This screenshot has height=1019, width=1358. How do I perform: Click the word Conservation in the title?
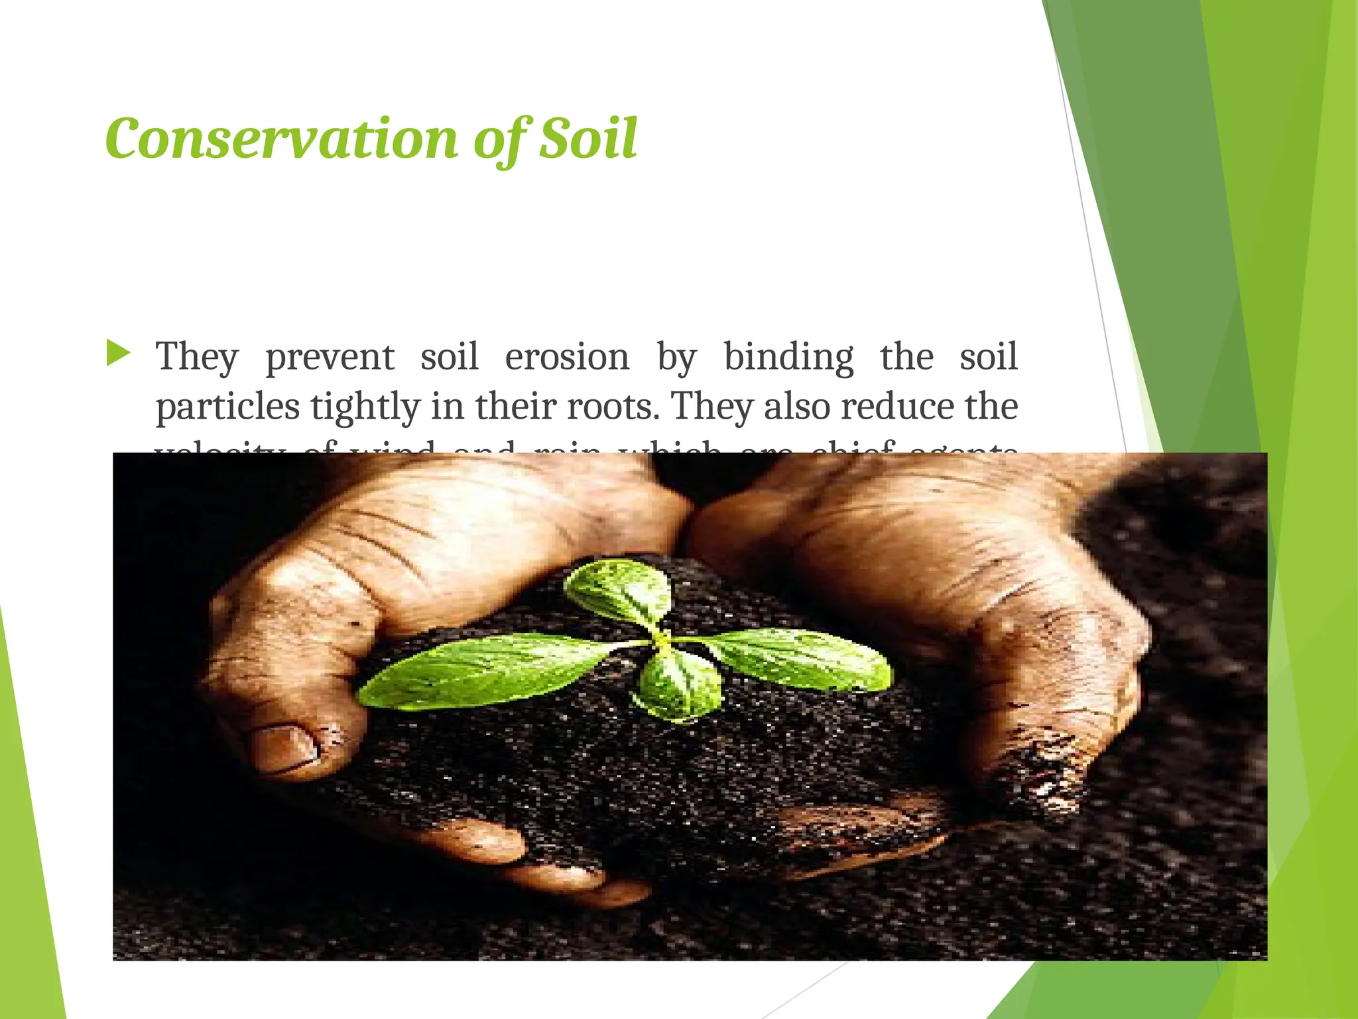coord(281,139)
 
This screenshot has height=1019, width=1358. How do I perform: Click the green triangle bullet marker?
coord(118,353)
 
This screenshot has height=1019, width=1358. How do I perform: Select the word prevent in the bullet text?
coord(330,358)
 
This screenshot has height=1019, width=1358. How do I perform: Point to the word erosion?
coord(567,357)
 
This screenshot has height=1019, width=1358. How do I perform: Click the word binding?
coord(788,357)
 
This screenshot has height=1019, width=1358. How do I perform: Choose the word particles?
coord(227,407)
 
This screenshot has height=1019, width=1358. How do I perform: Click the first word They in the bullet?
coord(197,357)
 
